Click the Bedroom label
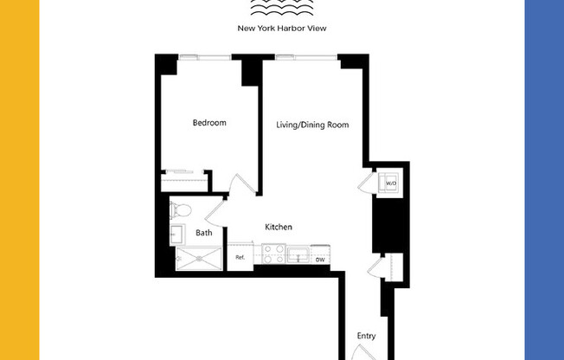tap(209, 123)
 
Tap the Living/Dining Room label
tap(312, 125)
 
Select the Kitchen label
tap(279, 227)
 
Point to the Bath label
tap(204, 233)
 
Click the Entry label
tap(366, 336)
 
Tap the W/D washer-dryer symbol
tap(390, 183)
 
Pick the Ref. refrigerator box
tap(240, 258)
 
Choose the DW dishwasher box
tap(319, 259)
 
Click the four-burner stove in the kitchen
tap(273, 254)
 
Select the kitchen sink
tap(298, 254)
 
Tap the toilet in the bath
tap(182, 209)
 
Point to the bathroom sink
tap(176, 234)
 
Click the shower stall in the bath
tap(198, 258)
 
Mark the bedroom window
tap(205, 57)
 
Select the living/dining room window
tap(300, 57)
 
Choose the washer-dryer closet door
tap(367, 182)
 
